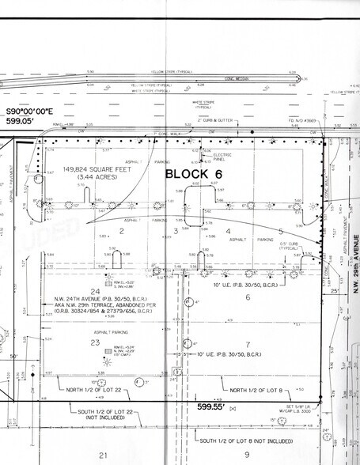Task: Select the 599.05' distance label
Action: (x=23, y=123)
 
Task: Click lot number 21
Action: (x=102, y=455)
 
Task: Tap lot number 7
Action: (x=247, y=345)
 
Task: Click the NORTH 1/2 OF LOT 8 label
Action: (x=260, y=390)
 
